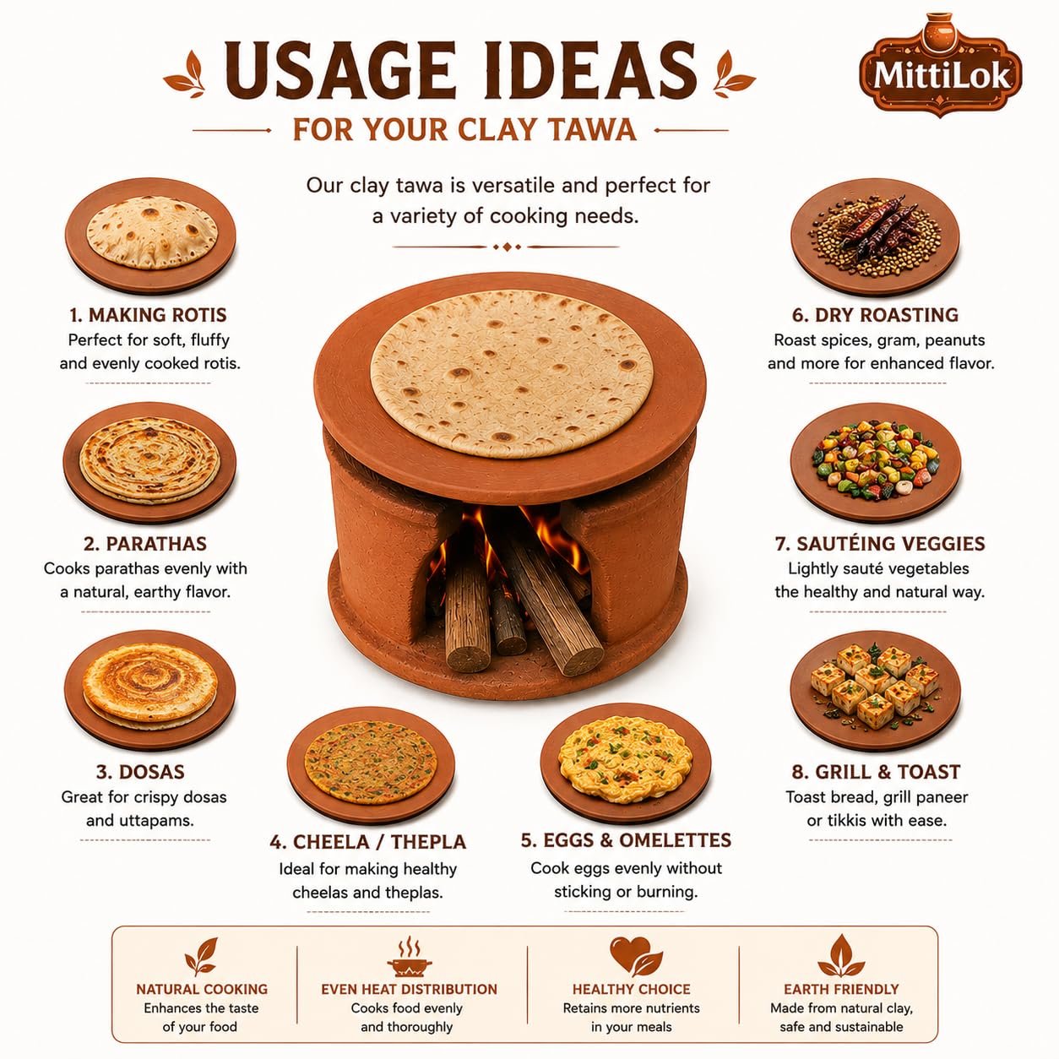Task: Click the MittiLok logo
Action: pyautogui.click(x=940, y=66)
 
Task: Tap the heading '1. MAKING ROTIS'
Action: pyautogui.click(x=148, y=315)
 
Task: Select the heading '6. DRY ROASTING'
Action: pyautogui.click(x=876, y=315)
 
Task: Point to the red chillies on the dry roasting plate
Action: pyautogui.click(x=878, y=227)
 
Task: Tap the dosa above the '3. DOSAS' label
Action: pyautogui.click(x=150, y=685)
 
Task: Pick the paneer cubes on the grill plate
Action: pyautogui.click(x=875, y=684)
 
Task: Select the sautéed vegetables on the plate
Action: pyautogui.click(x=876, y=459)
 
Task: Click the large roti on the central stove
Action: pyautogui.click(x=511, y=374)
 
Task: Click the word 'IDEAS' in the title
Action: pyautogui.click(x=587, y=70)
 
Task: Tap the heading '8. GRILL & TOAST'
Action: pyautogui.click(x=876, y=772)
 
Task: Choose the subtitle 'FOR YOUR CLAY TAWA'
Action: pyautogui.click(x=464, y=130)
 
